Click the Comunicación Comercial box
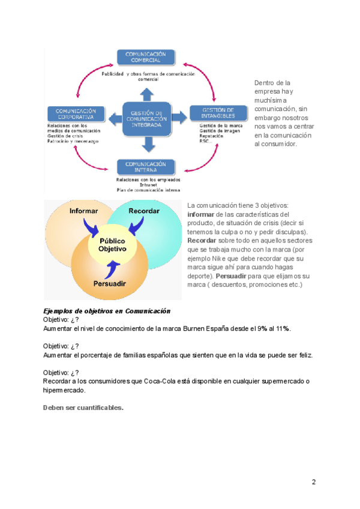click(x=146, y=57)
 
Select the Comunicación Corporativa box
click(x=76, y=115)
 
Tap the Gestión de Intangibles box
click(x=218, y=113)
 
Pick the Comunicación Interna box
click(x=146, y=166)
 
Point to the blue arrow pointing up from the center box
click(x=146, y=93)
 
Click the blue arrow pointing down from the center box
click(x=146, y=144)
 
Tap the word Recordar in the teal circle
click(x=144, y=211)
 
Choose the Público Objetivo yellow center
click(x=112, y=244)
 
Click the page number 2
click(x=313, y=482)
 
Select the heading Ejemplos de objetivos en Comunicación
click(x=107, y=312)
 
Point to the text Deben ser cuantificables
click(x=83, y=408)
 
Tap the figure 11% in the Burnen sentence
click(x=282, y=328)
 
